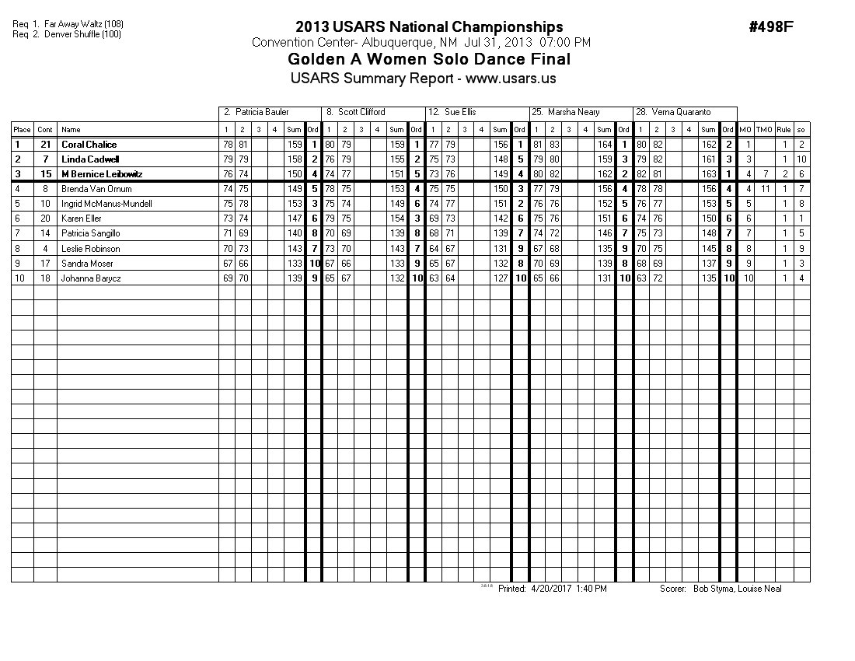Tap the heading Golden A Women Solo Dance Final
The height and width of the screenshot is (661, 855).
(x=429, y=59)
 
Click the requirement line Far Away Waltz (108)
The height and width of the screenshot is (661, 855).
(x=79, y=24)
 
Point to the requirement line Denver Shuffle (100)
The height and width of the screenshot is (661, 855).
(x=77, y=34)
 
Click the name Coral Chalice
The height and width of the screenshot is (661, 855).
(x=89, y=145)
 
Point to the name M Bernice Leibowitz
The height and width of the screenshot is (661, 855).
(x=102, y=174)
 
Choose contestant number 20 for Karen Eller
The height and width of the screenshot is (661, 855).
(x=45, y=219)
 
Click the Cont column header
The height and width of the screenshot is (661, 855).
(x=45, y=130)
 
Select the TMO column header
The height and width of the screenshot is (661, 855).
(x=764, y=130)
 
